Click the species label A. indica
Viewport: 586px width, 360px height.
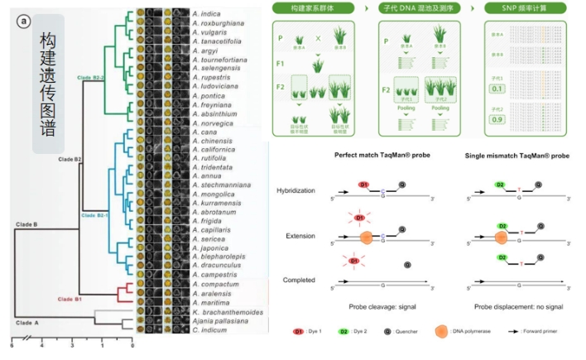pyautogui.click(x=206, y=13)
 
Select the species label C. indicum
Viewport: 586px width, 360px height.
pyautogui.click(x=209, y=330)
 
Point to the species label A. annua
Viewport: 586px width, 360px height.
pyautogui.click(x=206, y=175)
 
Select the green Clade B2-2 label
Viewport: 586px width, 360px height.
pyautogui.click(x=94, y=77)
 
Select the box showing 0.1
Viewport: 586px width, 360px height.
pyautogui.click(x=498, y=89)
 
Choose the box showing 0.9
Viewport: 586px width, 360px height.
pyautogui.click(x=498, y=119)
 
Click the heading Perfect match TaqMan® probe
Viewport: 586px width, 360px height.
pyautogui.click(x=377, y=156)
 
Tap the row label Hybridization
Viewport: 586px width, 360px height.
pyautogui.click(x=297, y=190)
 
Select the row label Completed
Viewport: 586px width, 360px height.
pyautogui.click(x=299, y=281)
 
